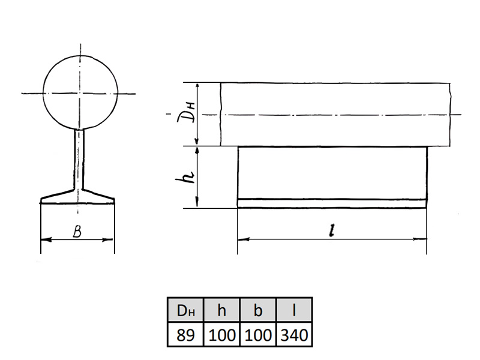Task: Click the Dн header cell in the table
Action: pos(185,310)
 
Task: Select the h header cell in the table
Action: pos(221,310)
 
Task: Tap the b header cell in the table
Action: pos(258,310)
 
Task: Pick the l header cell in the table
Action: pos(294,310)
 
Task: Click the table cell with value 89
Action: pos(185,334)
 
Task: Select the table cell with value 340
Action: pos(294,334)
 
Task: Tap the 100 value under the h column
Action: pos(221,334)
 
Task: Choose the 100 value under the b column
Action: pos(258,334)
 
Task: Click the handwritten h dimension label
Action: pos(185,176)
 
